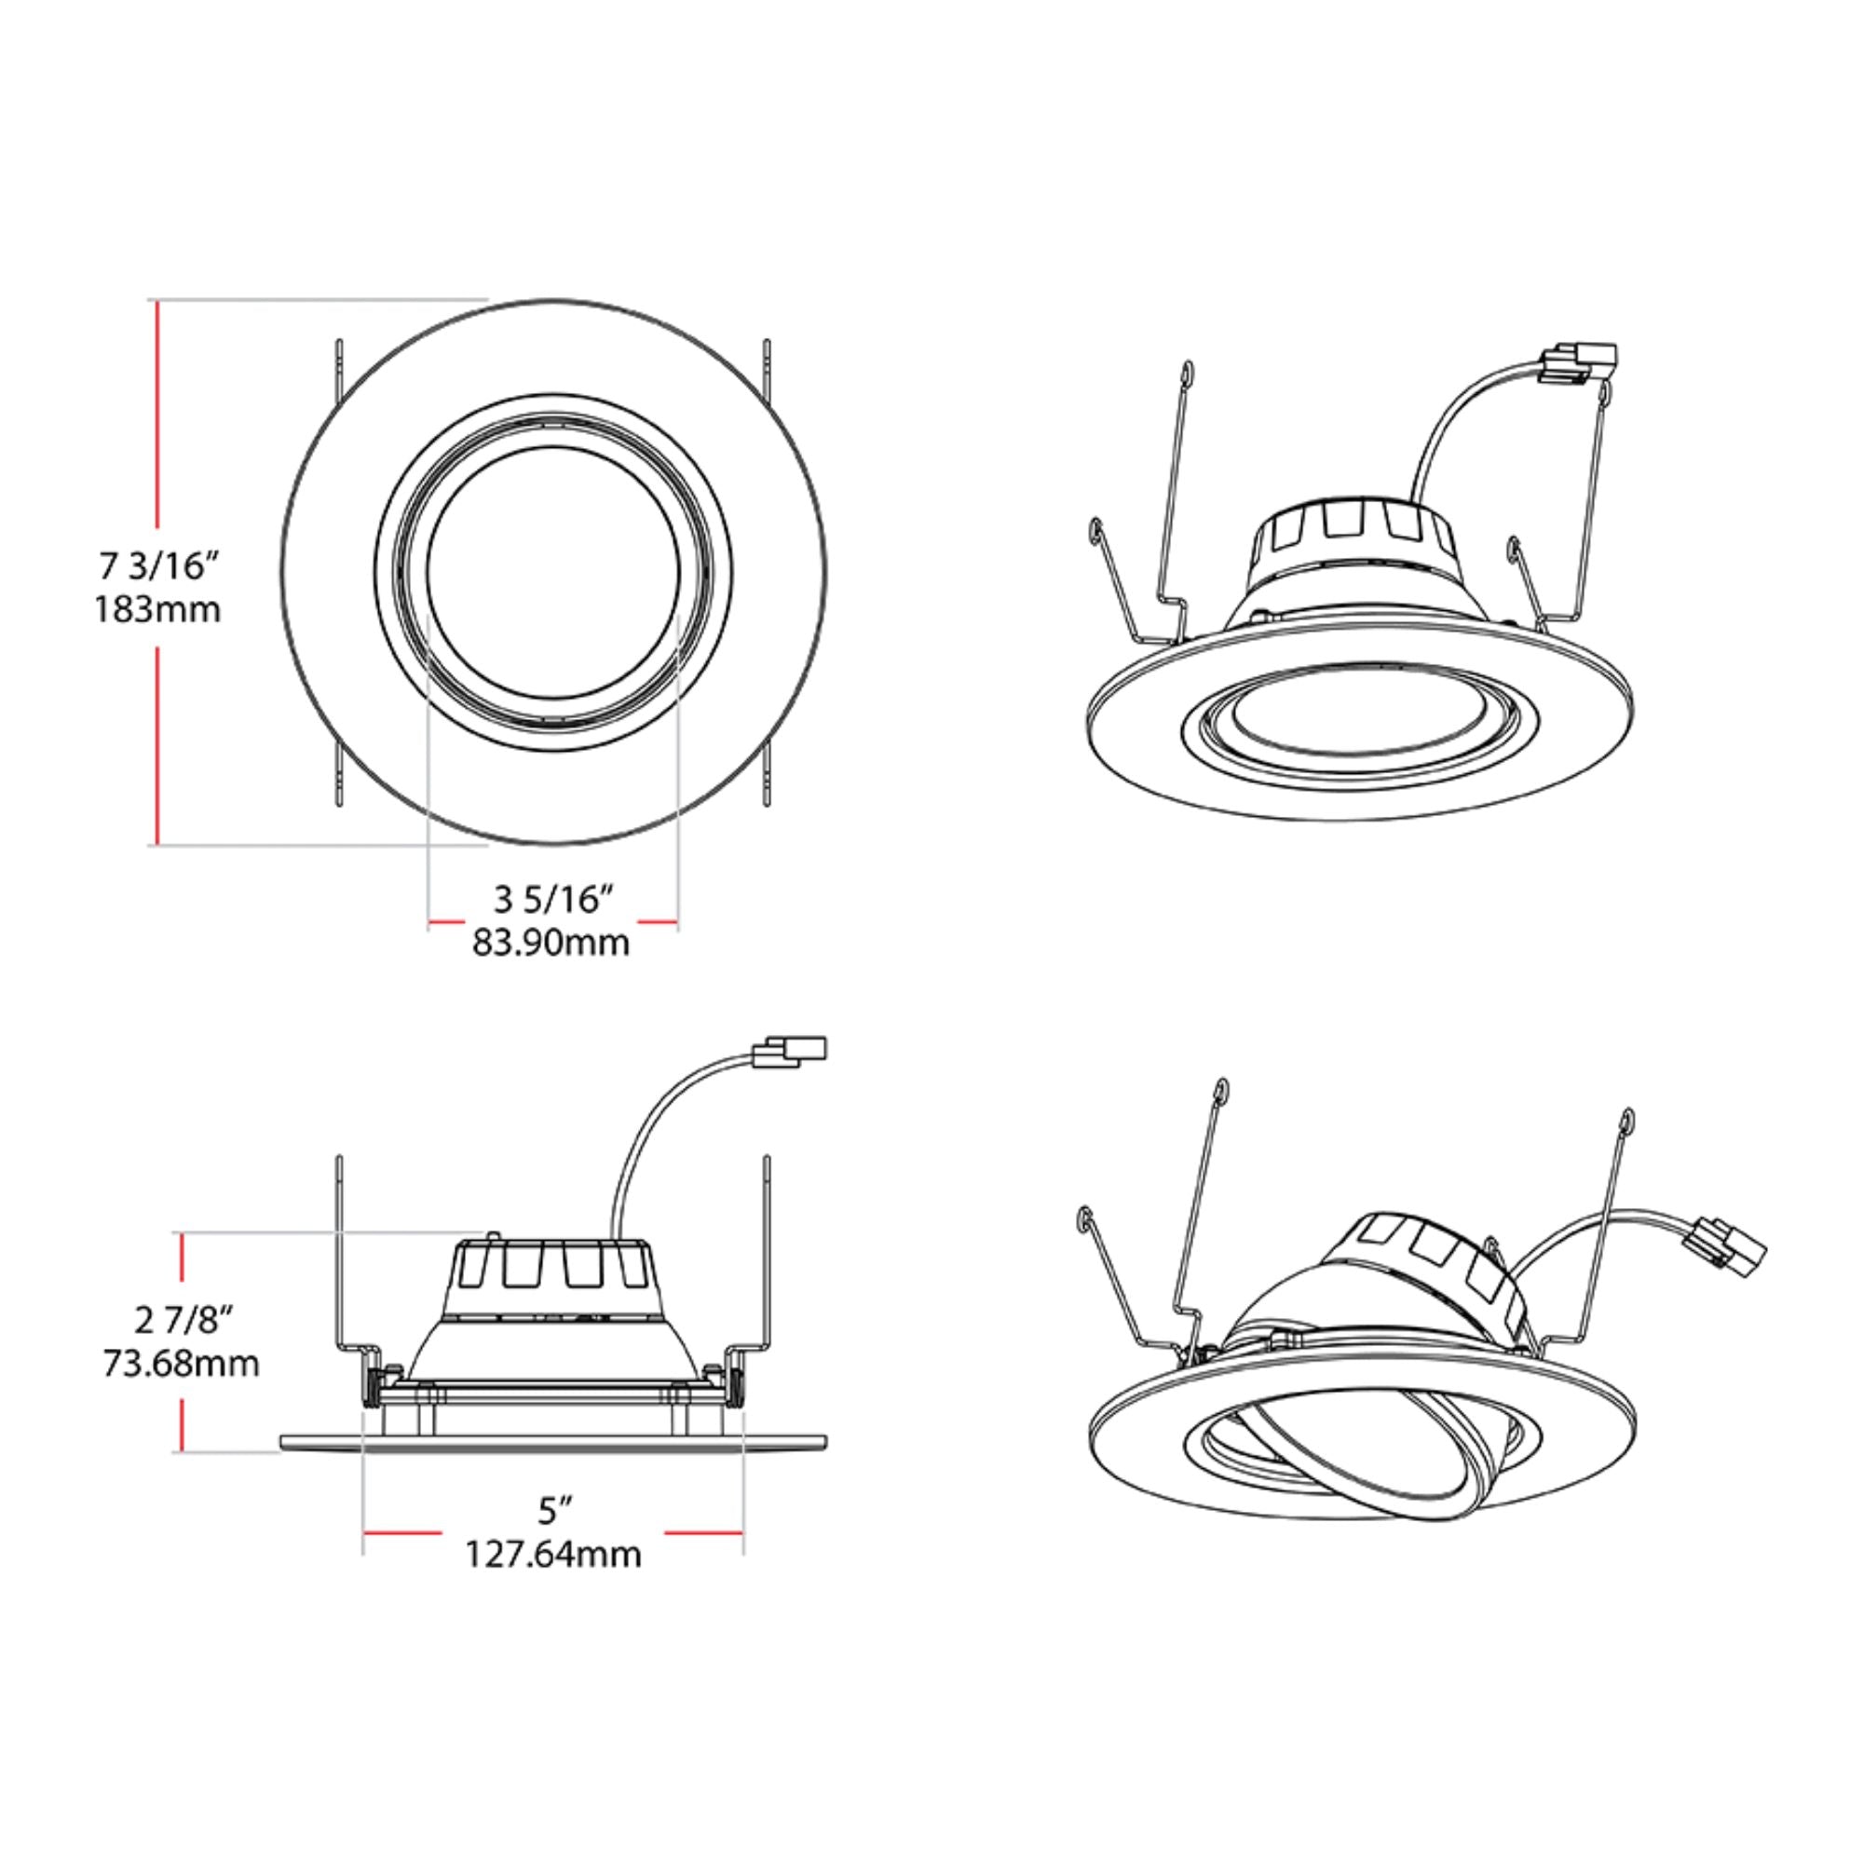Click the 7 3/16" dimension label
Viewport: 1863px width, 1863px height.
pos(158,567)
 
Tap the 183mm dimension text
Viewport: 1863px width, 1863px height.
pos(158,610)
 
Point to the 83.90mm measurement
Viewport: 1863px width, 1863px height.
pos(551,942)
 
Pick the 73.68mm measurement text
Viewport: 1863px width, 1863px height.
pos(182,1364)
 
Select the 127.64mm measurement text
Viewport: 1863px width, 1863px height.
pos(553,1555)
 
